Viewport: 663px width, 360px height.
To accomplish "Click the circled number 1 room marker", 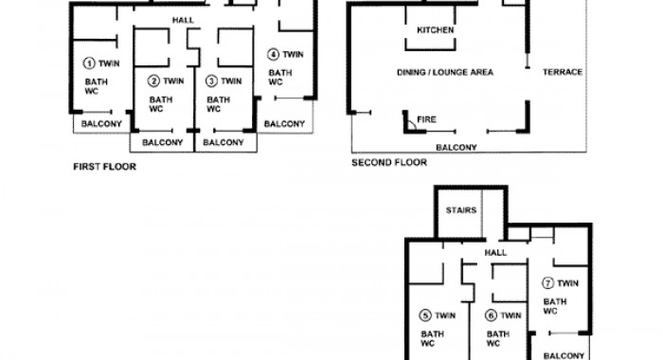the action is (x=89, y=63).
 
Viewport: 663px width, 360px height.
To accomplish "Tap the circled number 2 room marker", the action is (x=153, y=81).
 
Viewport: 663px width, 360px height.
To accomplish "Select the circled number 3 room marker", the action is (x=211, y=81).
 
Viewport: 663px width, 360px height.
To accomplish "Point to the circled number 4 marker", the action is (x=273, y=54).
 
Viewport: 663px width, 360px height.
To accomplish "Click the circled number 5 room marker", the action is (x=425, y=315).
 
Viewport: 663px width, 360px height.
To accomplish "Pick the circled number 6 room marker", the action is (x=491, y=315).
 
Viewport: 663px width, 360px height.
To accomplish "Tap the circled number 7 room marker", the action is (x=548, y=283).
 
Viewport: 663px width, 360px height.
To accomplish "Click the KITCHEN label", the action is (x=435, y=30).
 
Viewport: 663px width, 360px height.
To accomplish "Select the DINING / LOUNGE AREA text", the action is (x=445, y=72).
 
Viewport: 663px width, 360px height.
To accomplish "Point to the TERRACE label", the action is (x=563, y=72).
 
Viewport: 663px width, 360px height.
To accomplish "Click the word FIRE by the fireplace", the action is (x=426, y=119).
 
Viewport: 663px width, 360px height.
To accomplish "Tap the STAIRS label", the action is (x=461, y=210).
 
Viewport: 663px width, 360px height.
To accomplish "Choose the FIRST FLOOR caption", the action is (x=105, y=167).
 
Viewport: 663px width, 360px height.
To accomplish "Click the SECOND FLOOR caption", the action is (x=389, y=162).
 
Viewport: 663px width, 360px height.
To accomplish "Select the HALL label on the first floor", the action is (x=183, y=20).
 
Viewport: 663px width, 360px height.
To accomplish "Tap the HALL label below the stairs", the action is (x=495, y=253).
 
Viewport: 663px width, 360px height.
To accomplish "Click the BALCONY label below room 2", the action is (x=162, y=142).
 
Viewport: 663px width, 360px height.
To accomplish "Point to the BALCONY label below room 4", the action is (x=284, y=124).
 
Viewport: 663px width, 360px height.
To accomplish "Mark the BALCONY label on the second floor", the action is (x=457, y=148).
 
